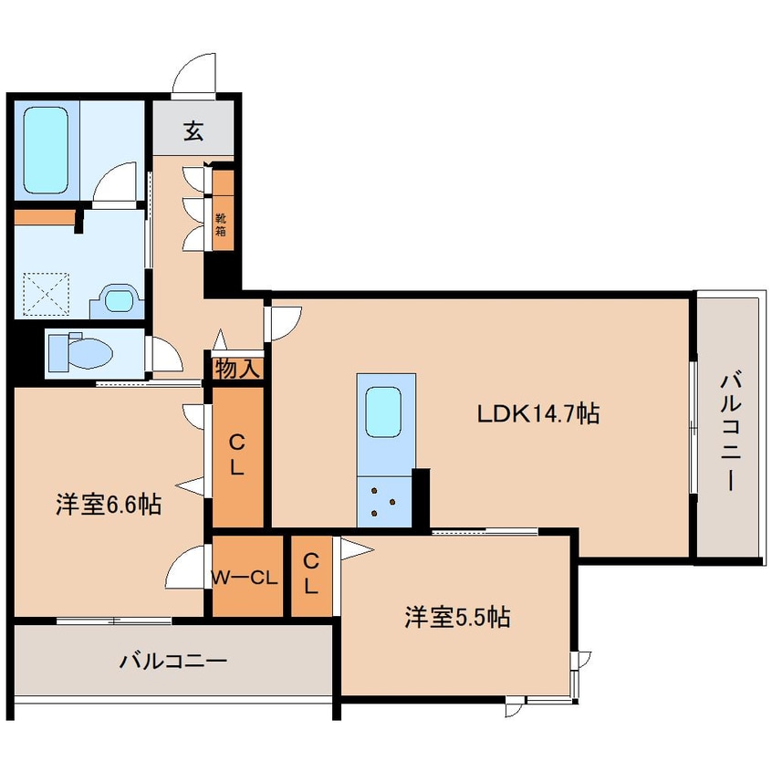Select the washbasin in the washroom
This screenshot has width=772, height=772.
coord(119,299)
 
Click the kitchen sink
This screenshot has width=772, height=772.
coord(383,412)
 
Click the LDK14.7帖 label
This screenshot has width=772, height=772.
coord(538,413)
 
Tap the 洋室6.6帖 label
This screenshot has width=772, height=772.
coord(108,504)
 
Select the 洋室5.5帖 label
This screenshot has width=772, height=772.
coord(456,618)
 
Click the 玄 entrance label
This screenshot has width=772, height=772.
coord(193,130)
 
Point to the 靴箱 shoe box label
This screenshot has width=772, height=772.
coord(222,224)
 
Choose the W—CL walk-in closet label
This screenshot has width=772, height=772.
coord(244,577)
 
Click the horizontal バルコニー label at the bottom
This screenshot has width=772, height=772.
coord(172,660)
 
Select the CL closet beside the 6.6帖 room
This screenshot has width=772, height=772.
coord(236,455)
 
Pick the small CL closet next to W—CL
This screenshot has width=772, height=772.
coord(311,575)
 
